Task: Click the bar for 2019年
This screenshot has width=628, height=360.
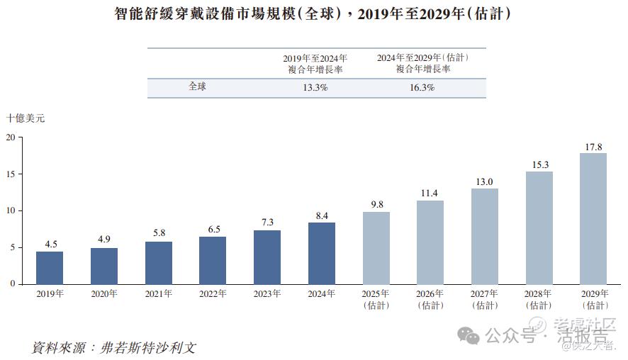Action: [x=50, y=268]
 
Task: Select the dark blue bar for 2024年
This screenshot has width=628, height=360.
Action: [x=322, y=254]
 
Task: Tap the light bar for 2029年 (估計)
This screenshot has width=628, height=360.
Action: [x=593, y=219]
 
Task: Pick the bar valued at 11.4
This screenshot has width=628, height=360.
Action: [x=430, y=242]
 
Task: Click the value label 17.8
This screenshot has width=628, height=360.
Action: [x=593, y=147]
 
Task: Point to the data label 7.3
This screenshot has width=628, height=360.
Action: [x=267, y=223]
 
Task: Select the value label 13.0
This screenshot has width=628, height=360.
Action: [x=485, y=182]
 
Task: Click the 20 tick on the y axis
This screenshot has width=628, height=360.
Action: [x=11, y=137]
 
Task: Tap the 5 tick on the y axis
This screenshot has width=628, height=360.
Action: [x=13, y=247]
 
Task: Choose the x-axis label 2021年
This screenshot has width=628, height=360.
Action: [x=159, y=294]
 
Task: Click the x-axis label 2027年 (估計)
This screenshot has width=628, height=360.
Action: [x=485, y=299]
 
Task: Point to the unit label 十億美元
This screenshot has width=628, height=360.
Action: [x=26, y=119]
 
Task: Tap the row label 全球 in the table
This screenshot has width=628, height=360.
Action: [x=198, y=87]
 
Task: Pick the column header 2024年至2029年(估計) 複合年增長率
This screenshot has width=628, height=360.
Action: [x=422, y=63]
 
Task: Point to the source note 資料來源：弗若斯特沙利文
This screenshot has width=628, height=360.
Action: [x=113, y=348]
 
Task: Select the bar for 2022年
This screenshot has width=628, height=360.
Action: [x=213, y=260]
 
